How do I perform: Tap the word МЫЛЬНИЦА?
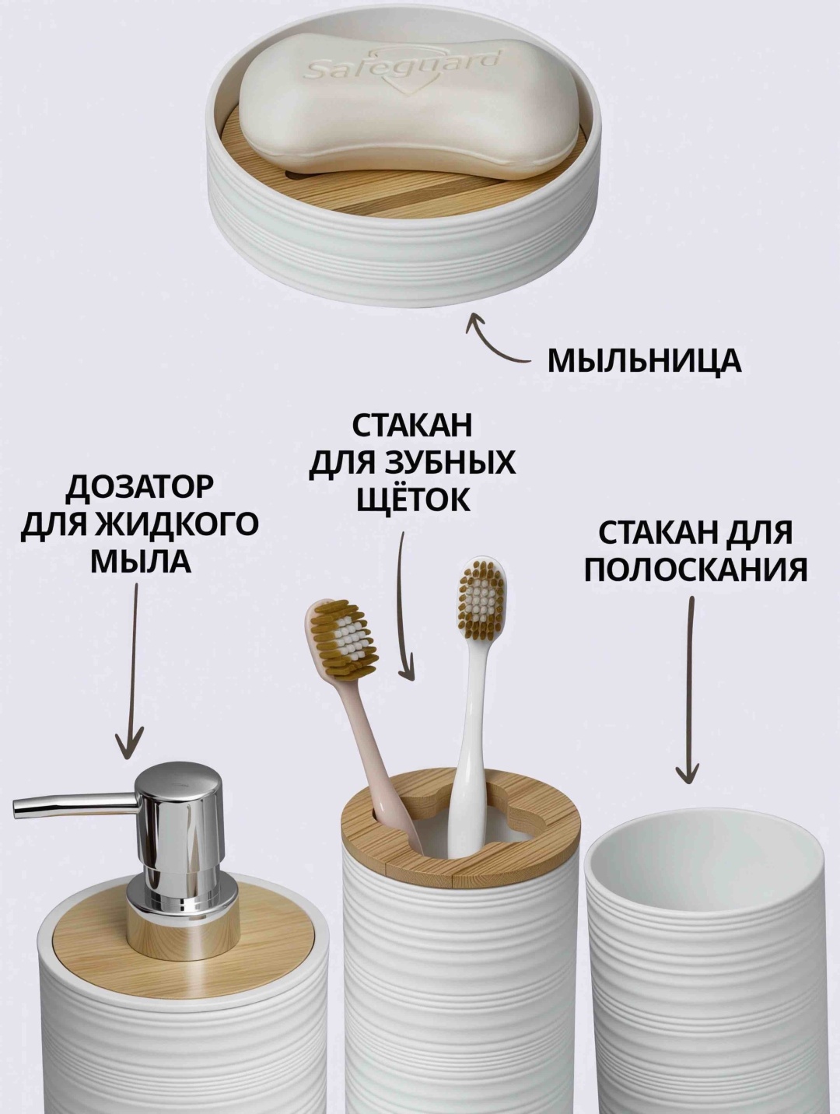pyautogui.click(x=644, y=361)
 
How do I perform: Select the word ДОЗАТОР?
pyautogui.click(x=140, y=487)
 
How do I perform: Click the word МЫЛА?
pyautogui.click(x=141, y=562)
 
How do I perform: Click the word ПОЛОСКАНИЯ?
pyautogui.click(x=695, y=571)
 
